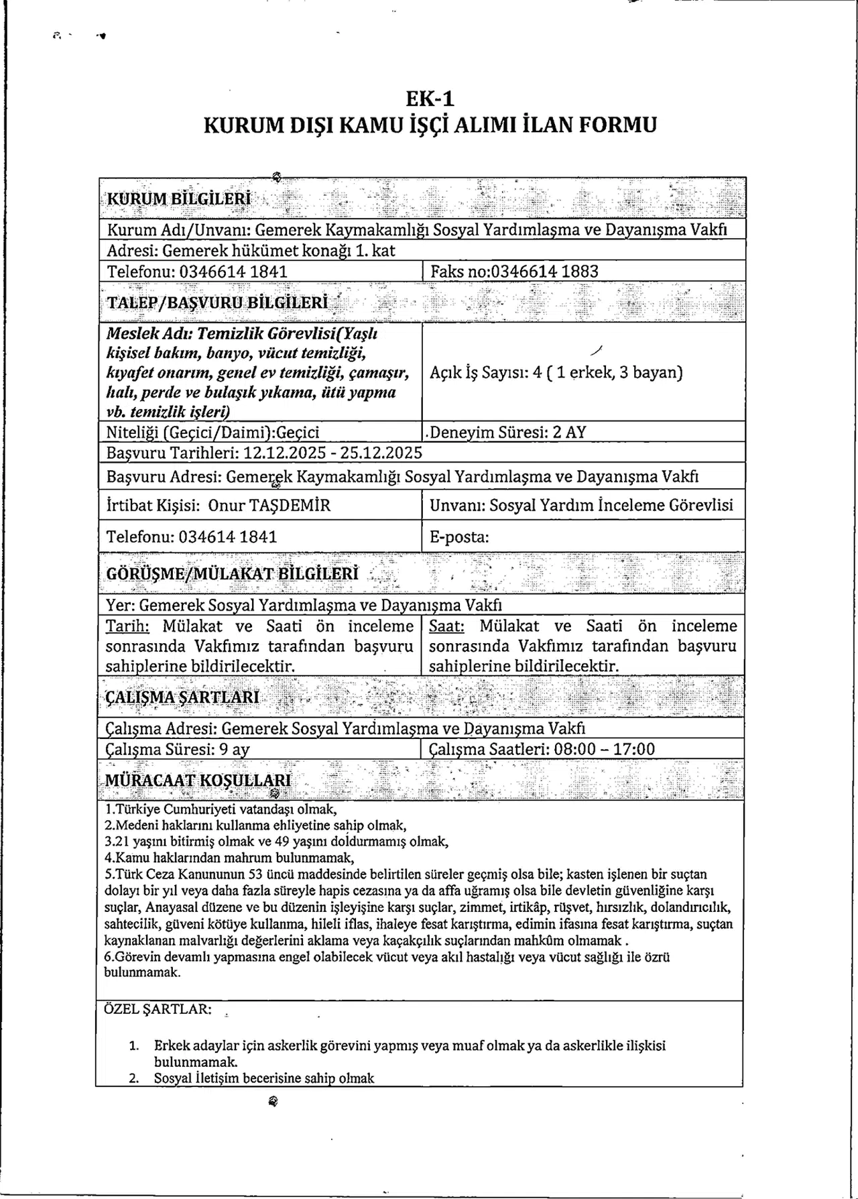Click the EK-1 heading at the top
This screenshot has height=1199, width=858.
click(430, 99)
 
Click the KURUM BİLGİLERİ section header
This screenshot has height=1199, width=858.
click(179, 198)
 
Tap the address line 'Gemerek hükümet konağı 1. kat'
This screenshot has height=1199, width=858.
click(279, 250)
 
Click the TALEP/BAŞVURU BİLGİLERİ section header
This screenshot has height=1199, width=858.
click(218, 302)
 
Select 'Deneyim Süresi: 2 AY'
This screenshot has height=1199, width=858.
click(507, 432)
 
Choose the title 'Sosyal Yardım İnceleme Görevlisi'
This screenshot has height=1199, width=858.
click(611, 505)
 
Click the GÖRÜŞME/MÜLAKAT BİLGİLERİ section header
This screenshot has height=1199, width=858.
click(232, 574)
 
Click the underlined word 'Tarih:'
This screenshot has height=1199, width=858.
click(127, 626)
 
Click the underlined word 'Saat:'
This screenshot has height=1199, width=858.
click(446, 626)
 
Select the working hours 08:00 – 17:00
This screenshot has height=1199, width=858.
click(605, 749)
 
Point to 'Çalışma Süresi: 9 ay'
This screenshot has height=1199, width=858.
click(178, 749)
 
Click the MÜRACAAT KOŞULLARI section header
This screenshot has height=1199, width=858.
click(198, 780)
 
